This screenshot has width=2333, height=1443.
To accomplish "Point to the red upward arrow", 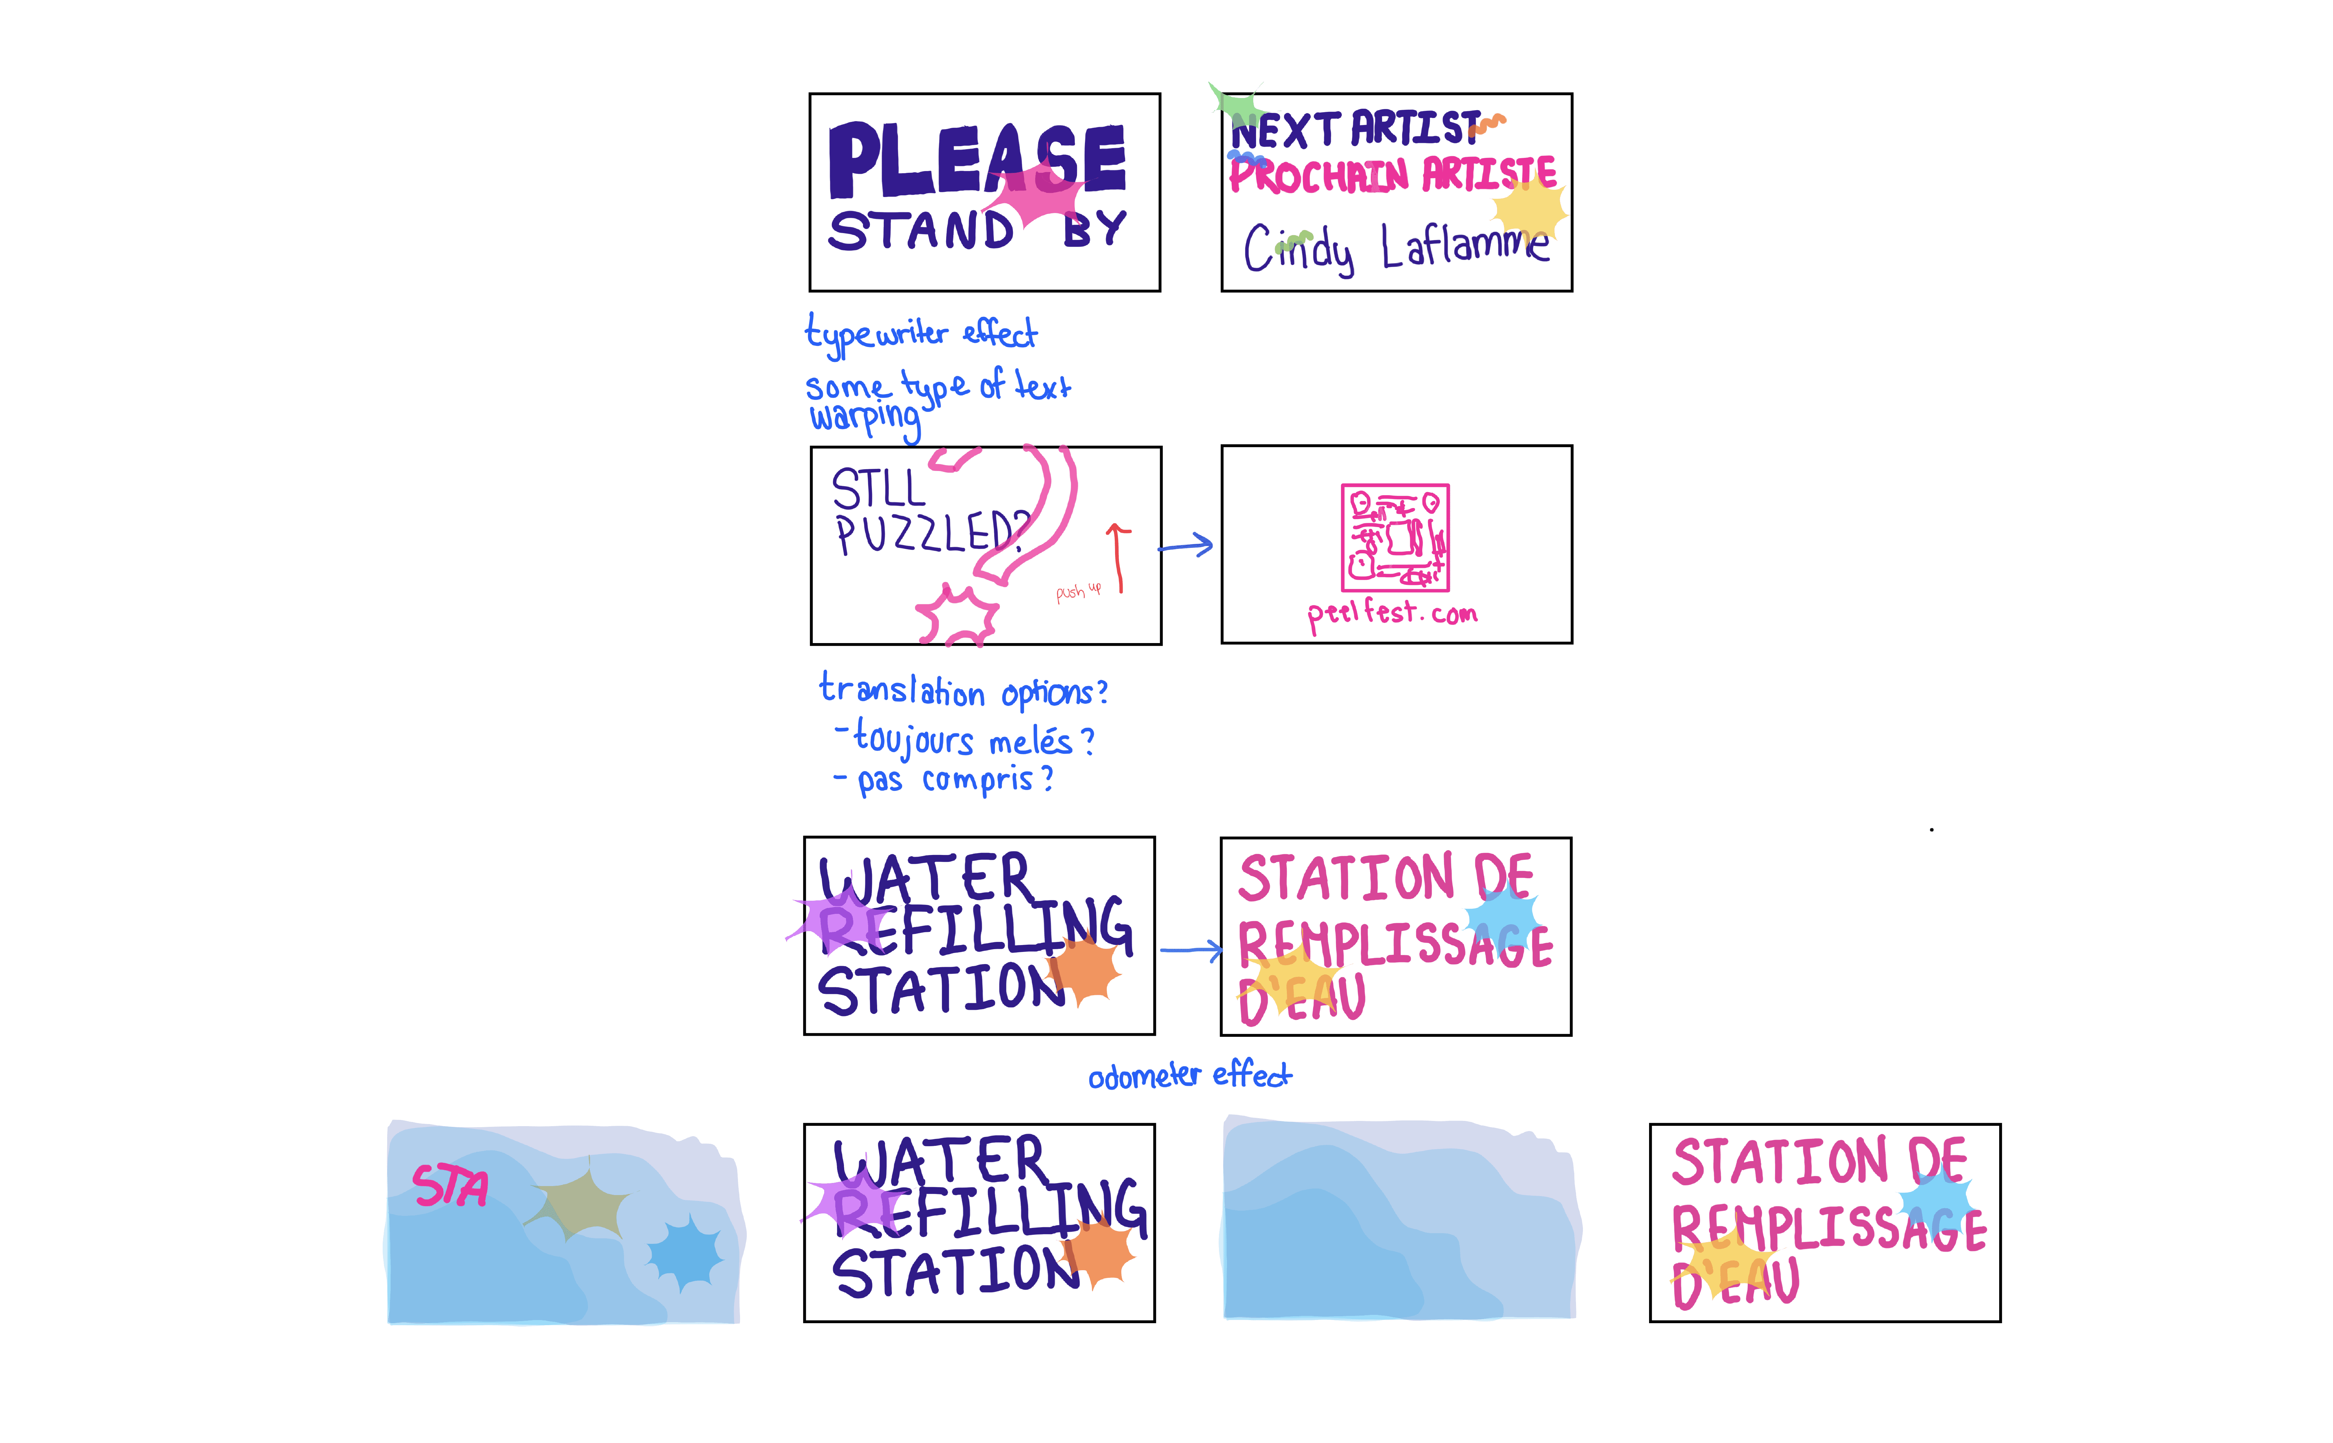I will click(x=1118, y=558).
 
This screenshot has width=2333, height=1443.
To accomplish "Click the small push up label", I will click(x=1078, y=592).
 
